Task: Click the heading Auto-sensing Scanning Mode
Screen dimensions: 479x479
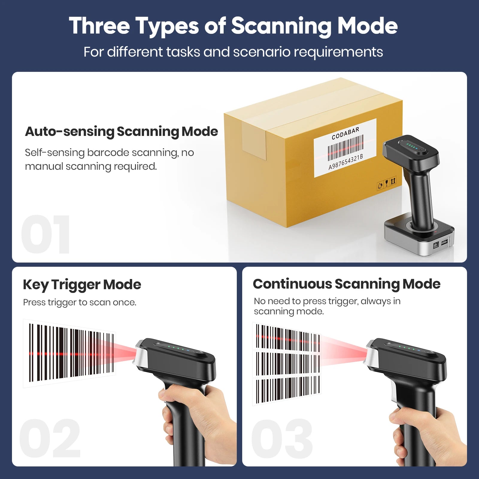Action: pos(121,131)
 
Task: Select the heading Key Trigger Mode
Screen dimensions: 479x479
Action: pos(82,284)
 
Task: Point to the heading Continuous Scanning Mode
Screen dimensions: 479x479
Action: pos(346,284)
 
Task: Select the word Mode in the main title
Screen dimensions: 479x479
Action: pos(367,26)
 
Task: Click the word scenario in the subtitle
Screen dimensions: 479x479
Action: pos(261,52)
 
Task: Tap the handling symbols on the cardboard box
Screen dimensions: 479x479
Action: pos(386,182)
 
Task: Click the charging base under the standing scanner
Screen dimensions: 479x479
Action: pos(419,239)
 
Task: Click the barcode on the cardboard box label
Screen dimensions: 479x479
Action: pos(345,148)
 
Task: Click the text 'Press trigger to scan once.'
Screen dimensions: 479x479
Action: pos(80,302)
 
